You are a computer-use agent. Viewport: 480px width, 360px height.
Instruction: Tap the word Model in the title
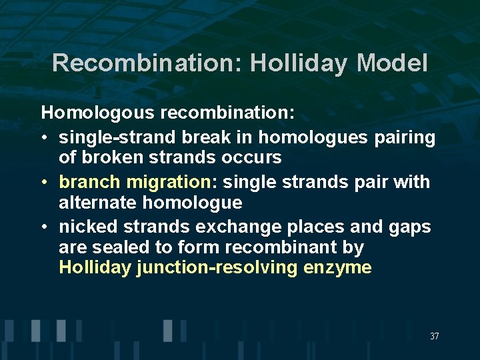point(392,63)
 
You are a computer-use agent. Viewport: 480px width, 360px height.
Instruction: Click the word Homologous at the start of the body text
point(98,113)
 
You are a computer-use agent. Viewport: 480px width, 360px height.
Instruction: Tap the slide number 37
point(434,337)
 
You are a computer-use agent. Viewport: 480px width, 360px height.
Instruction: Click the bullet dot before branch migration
point(45,182)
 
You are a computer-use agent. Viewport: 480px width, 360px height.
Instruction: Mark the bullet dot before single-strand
point(45,138)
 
